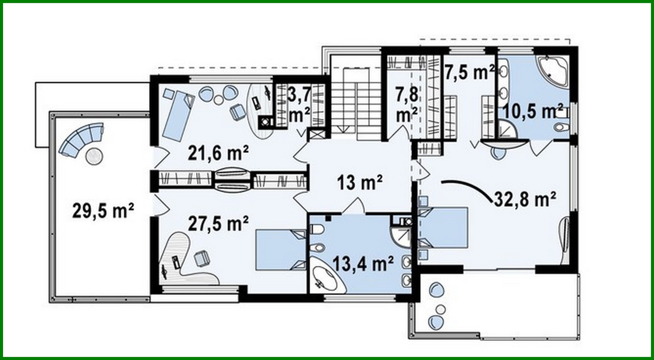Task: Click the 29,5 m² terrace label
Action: point(103,211)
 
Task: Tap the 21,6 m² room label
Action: point(218,153)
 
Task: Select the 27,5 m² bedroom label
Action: point(218,224)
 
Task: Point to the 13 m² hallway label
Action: point(360,182)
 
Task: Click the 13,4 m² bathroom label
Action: point(363,263)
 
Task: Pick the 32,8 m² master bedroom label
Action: point(525,199)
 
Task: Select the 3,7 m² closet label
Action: point(299,105)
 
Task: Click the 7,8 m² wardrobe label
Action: point(407,105)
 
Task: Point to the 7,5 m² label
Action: point(469,72)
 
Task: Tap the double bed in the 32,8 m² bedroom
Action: point(443,228)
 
